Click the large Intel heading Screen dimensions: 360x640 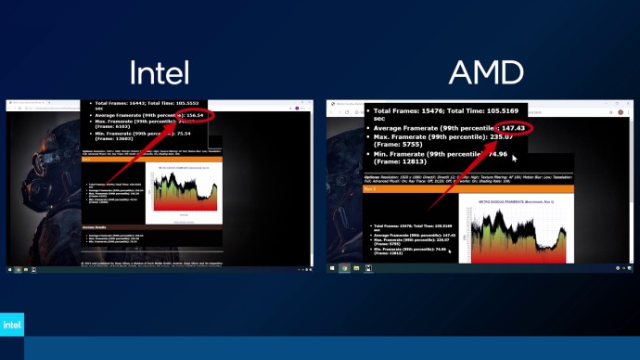pos(159,72)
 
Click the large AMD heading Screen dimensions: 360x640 pos(485,72)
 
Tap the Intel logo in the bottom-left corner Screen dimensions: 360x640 pos(12,326)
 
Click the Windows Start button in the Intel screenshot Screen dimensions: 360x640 pos(10,270)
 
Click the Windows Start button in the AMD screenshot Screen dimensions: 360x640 pos(332,268)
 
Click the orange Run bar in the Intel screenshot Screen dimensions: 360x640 pos(152,159)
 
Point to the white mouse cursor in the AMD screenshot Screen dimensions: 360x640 pos(449,252)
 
